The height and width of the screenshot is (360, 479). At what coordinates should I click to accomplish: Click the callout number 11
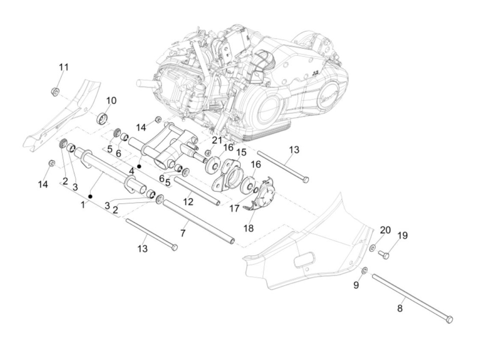[x=64, y=67]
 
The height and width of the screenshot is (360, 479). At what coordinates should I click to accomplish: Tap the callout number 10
[x=111, y=101]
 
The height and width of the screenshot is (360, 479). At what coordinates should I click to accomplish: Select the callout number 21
[x=217, y=140]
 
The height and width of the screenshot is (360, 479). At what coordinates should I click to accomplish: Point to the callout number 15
[x=241, y=152]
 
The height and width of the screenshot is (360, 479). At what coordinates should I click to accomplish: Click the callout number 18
[x=248, y=228]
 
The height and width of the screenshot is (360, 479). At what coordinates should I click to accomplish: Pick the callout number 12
[x=188, y=202]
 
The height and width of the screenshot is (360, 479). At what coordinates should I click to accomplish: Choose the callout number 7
[x=183, y=233]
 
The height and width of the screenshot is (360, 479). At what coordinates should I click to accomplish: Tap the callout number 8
[x=400, y=309]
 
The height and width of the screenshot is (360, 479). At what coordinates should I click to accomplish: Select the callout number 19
[x=403, y=236]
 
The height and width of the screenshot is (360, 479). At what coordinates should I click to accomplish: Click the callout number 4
[x=132, y=171]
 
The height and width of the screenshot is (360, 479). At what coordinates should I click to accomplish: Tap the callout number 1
[x=83, y=205]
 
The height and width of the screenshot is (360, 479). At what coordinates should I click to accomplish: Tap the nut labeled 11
[x=55, y=92]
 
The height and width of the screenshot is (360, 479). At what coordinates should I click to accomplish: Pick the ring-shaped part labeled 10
[x=102, y=119]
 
